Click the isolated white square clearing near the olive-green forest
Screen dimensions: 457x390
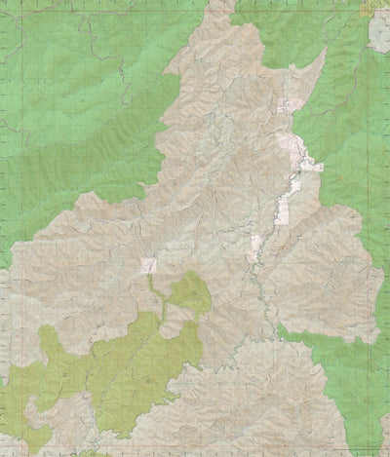(x=149, y=265)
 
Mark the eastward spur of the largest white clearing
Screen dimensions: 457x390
(x=315, y=167)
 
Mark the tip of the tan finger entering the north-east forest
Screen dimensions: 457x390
(x=321, y=55)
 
